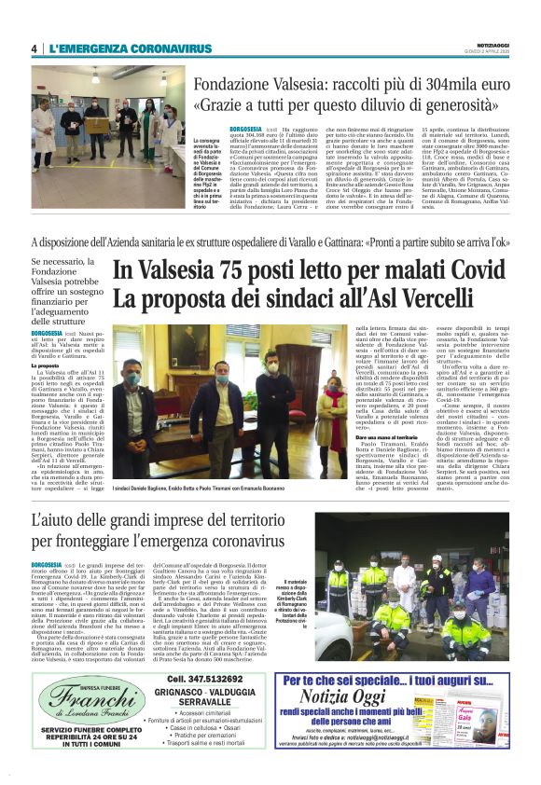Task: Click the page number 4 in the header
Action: [x=35, y=48]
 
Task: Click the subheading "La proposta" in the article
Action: [x=47, y=365]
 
